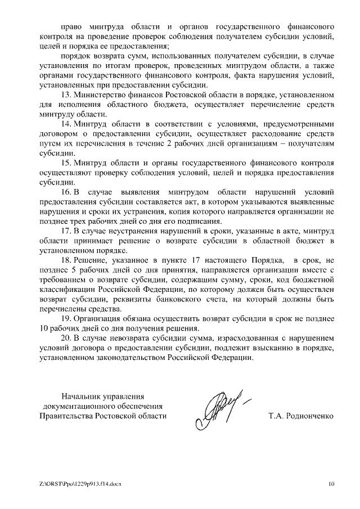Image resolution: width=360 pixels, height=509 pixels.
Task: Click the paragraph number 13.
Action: coord(65,94)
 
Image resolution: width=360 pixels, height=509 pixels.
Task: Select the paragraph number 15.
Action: coord(65,163)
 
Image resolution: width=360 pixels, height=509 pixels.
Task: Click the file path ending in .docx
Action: coord(80,484)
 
